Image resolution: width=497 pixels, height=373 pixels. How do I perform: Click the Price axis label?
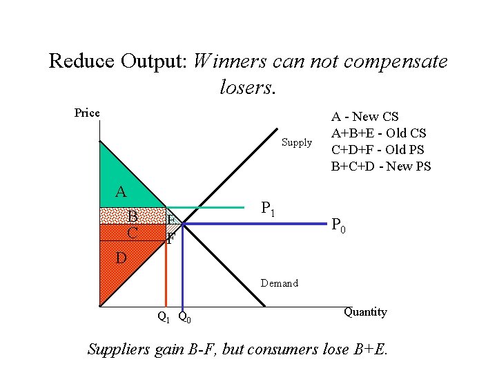87,113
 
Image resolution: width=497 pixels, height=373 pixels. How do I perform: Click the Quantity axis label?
365,312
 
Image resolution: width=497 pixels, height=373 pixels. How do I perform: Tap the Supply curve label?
297,143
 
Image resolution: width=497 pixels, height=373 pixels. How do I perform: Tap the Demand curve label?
280,283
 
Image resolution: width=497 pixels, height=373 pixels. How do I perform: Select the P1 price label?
269,207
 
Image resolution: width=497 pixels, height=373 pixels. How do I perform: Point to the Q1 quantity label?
164,318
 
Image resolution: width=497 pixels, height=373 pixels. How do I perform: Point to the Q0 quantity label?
184,318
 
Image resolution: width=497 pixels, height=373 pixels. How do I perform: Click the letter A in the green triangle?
121,192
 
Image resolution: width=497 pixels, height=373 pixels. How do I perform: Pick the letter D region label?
121,258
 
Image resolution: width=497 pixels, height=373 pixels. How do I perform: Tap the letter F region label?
170,240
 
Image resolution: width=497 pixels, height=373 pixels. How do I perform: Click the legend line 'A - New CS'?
365,117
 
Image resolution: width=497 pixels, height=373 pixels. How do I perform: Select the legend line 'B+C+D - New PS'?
381,166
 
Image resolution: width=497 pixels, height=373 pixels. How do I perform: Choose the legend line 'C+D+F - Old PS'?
378,149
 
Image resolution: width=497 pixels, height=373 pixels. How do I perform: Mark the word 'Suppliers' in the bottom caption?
117,349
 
